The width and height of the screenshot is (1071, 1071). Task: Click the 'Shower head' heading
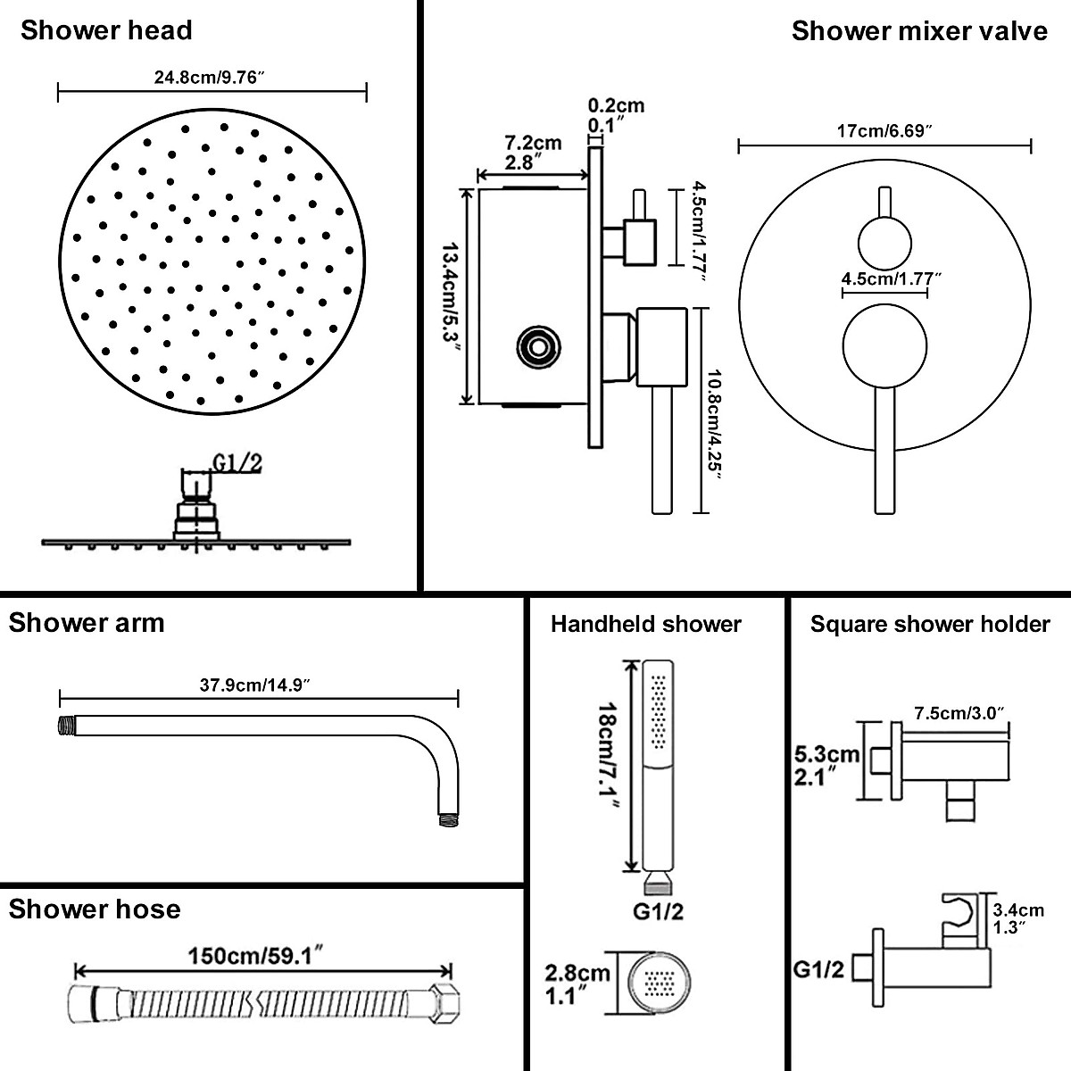(106, 30)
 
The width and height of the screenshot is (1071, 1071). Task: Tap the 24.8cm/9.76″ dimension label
(212, 78)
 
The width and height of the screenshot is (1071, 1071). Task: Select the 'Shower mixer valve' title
(919, 31)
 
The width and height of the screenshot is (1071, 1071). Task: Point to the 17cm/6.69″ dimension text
(885, 131)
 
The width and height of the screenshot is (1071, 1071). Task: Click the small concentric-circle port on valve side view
(537, 345)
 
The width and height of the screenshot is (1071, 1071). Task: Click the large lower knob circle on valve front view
(884, 352)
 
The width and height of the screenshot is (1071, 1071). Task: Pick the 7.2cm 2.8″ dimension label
(533, 153)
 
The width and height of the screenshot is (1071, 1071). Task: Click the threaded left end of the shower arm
(65, 726)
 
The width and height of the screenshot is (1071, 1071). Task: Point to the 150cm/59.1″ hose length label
(254, 956)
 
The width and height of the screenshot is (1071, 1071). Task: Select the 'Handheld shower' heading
(645, 624)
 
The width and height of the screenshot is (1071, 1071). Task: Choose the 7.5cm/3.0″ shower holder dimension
(960, 712)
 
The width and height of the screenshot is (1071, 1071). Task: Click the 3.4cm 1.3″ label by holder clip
(1017, 917)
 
